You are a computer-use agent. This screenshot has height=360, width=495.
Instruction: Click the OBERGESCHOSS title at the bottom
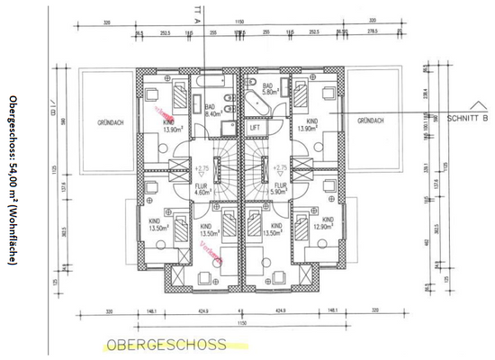tap(165, 344)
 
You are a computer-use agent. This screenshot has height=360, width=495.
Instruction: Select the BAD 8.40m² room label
tap(212, 112)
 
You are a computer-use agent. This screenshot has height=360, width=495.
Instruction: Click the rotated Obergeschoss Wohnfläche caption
tap(12, 180)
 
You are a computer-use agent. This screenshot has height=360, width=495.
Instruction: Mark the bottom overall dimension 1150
tap(241, 321)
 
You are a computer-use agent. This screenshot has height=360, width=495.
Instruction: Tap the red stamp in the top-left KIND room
tap(165, 113)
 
